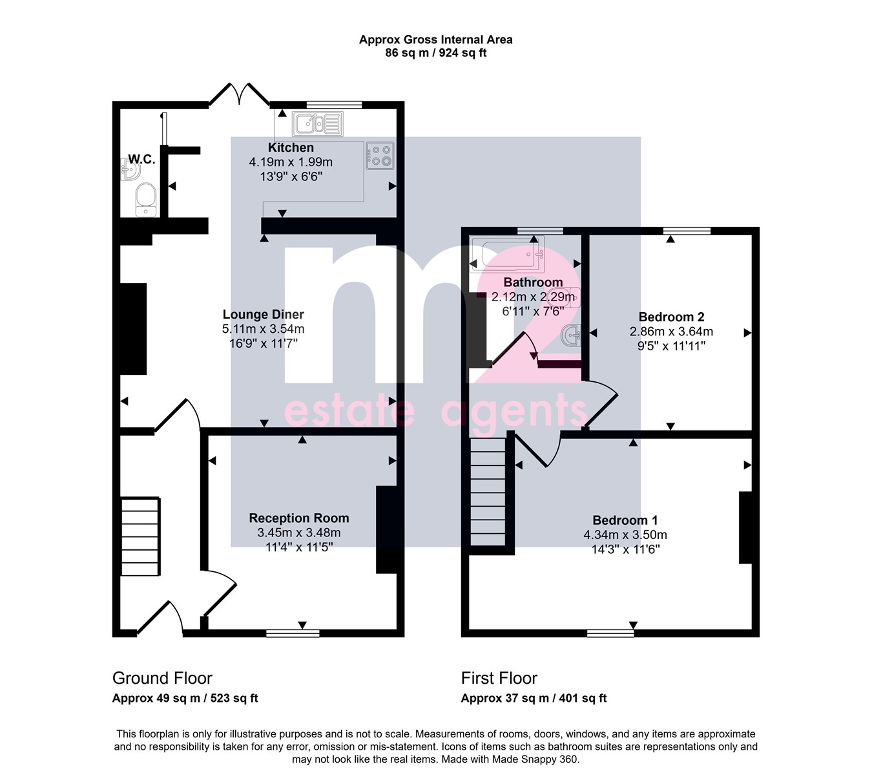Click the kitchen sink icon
[318, 124]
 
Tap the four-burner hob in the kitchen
[380, 156]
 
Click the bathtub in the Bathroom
[508, 254]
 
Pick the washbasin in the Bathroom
[571, 335]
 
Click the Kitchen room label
[291, 147]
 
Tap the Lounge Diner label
[263, 314]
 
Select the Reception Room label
[298, 518]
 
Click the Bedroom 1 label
[625, 520]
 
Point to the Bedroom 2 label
[671, 317]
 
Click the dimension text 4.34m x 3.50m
[625, 535]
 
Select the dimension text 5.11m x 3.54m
[263, 329]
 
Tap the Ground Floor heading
[162, 678]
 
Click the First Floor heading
[499, 678]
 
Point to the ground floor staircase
[140, 536]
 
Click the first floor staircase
[488, 492]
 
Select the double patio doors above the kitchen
[239, 94]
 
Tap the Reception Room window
[293, 633]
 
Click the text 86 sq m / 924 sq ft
[435, 53]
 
